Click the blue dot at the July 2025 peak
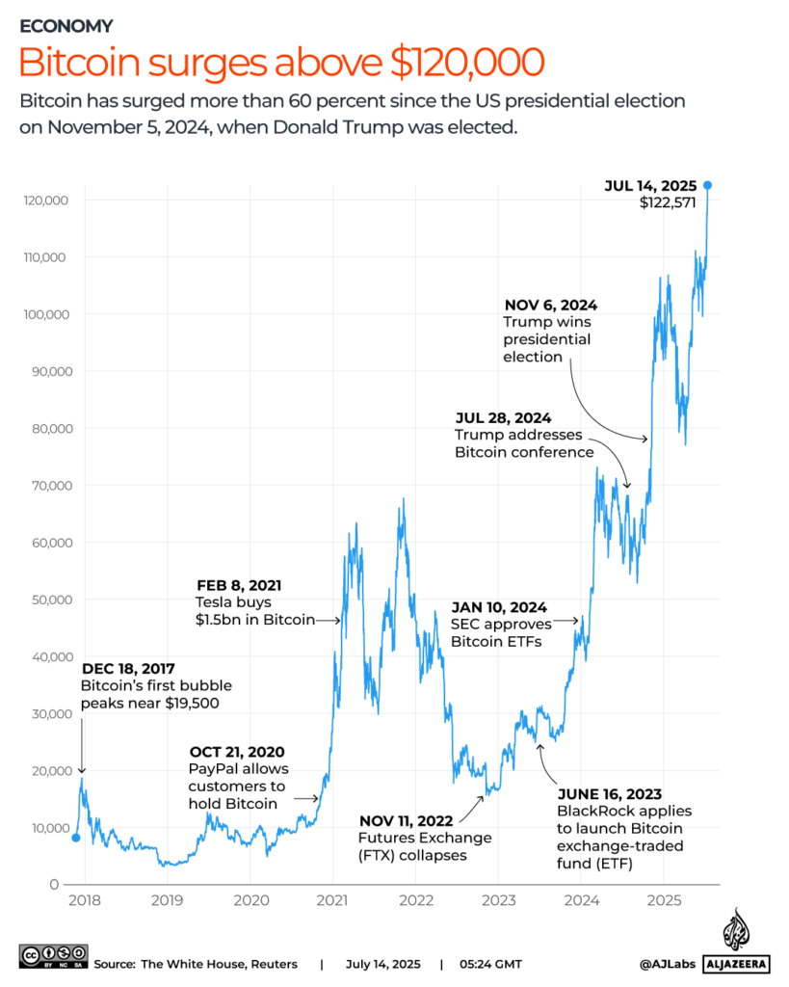pyautogui.click(x=707, y=185)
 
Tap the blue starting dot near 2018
pyautogui.click(x=76, y=838)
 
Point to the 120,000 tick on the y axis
pyautogui.click(x=46, y=200)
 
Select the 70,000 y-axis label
pyautogui.click(x=52, y=486)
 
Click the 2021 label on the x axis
pyautogui.click(x=332, y=900)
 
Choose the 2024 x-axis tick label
pyautogui.click(x=581, y=900)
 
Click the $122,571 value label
pyautogui.click(x=668, y=202)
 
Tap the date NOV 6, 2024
pyautogui.click(x=550, y=306)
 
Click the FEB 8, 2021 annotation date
pyautogui.click(x=239, y=585)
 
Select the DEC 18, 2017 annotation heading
pyautogui.click(x=128, y=669)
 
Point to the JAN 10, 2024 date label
pyautogui.click(x=499, y=607)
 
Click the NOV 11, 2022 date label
pyautogui.click(x=406, y=821)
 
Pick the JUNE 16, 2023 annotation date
pyautogui.click(x=610, y=794)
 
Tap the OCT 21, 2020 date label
pyautogui.click(x=237, y=752)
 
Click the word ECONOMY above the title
pyautogui.click(x=66, y=26)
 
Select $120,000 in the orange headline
pyautogui.click(x=467, y=63)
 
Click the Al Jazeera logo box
pyautogui.click(x=736, y=964)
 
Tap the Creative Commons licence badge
pyautogui.click(x=54, y=956)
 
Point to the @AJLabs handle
pyautogui.click(x=667, y=964)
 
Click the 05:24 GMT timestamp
pyautogui.click(x=490, y=964)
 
